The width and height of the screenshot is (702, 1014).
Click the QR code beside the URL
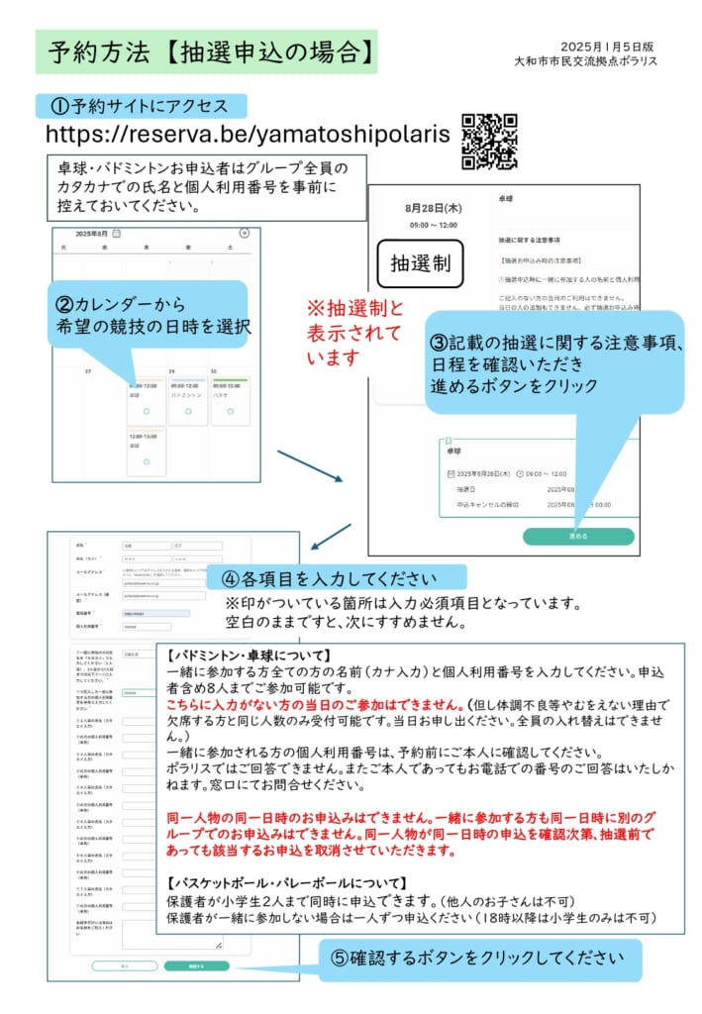[x=489, y=141]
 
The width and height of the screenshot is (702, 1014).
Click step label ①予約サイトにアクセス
[x=141, y=106]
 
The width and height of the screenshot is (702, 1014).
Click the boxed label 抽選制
[x=421, y=263]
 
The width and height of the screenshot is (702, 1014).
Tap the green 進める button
[x=578, y=536]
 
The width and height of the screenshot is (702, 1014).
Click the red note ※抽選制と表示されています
[x=355, y=332]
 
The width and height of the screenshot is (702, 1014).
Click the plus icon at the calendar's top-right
[x=245, y=234]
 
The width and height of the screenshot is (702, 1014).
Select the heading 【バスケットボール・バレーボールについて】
[x=286, y=882]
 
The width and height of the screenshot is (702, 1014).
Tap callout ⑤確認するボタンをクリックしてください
[x=479, y=959]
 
